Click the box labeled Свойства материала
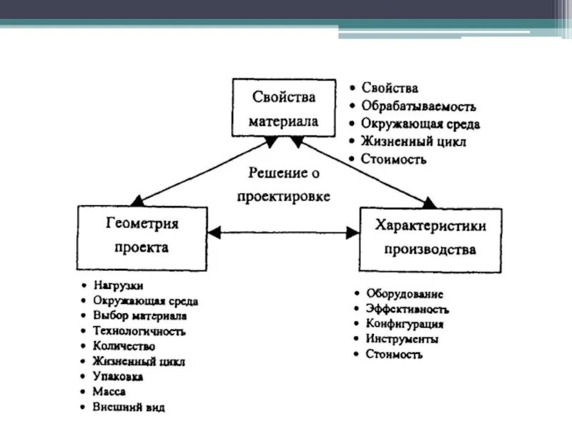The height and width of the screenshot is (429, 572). coord(284,107)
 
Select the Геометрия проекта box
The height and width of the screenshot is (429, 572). coord(142,237)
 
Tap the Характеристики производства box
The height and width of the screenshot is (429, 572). coord(430,238)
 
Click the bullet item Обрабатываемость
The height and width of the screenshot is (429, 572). coord(418,107)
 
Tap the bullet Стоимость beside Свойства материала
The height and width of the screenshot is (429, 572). coord(394,159)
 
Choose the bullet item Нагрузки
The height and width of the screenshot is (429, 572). coord(118,285)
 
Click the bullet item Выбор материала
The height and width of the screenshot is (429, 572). coord(139,315)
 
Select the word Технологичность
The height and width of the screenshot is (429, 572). coord(139,331)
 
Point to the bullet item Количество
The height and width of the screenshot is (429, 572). coord(124,346)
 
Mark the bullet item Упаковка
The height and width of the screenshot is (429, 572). coord(118,377)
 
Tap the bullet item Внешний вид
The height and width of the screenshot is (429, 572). coord(129,408)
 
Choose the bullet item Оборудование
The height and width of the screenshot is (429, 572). coord(405,294)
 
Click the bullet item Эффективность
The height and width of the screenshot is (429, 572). coord(407,310)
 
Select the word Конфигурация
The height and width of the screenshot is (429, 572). coord(405,324)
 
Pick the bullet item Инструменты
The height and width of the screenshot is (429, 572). coord(402,339)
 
